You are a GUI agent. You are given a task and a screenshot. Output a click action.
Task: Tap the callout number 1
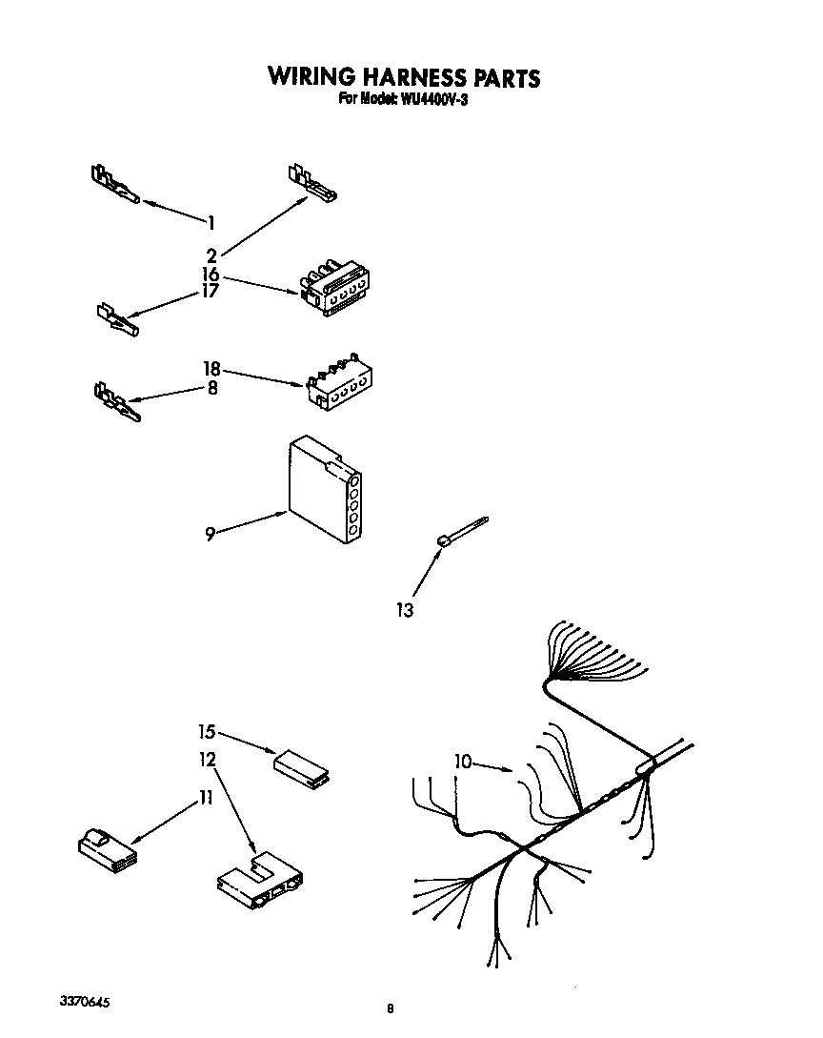pyautogui.click(x=211, y=222)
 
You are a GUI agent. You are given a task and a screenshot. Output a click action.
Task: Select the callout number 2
pyautogui.click(x=211, y=254)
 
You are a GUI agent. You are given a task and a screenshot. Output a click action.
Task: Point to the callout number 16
pyautogui.click(x=211, y=274)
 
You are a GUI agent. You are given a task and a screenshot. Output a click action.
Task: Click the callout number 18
pyautogui.click(x=211, y=368)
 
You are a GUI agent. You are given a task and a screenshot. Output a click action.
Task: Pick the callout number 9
pyautogui.click(x=210, y=534)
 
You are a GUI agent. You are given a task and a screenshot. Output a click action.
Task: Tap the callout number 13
pyautogui.click(x=405, y=610)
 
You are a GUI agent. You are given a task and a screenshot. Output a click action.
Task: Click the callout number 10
pyautogui.click(x=463, y=761)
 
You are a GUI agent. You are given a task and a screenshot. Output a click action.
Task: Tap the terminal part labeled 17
pyautogui.click(x=119, y=318)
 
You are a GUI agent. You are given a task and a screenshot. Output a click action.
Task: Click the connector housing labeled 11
pyautogui.click(x=105, y=847)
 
